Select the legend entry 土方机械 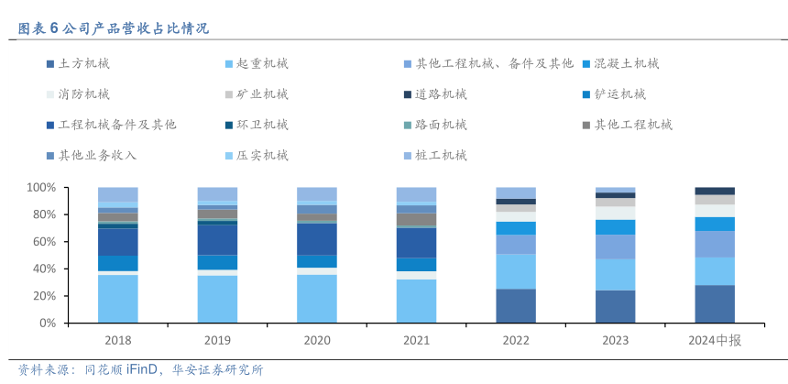pyautogui.click(x=83, y=64)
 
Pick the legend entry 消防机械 pyautogui.click(x=83, y=93)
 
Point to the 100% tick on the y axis pyautogui.click(x=42, y=187)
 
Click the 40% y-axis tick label pyautogui.click(x=45, y=269)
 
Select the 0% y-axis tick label pyautogui.click(x=49, y=324)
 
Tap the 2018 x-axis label pyautogui.click(x=118, y=341)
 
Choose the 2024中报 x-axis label pyautogui.click(x=715, y=341)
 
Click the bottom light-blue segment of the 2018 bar pyautogui.click(x=118, y=299)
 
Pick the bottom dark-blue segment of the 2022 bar pyautogui.click(x=516, y=306)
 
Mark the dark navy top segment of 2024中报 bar pyautogui.click(x=715, y=191)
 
